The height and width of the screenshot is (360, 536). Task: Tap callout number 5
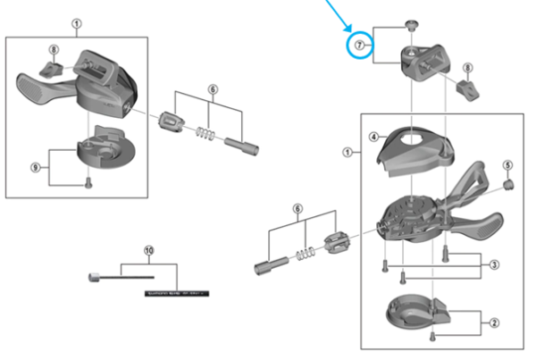[x=507, y=165]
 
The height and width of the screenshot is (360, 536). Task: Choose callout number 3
[x=493, y=264]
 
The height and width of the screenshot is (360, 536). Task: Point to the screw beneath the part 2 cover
[x=432, y=336]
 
